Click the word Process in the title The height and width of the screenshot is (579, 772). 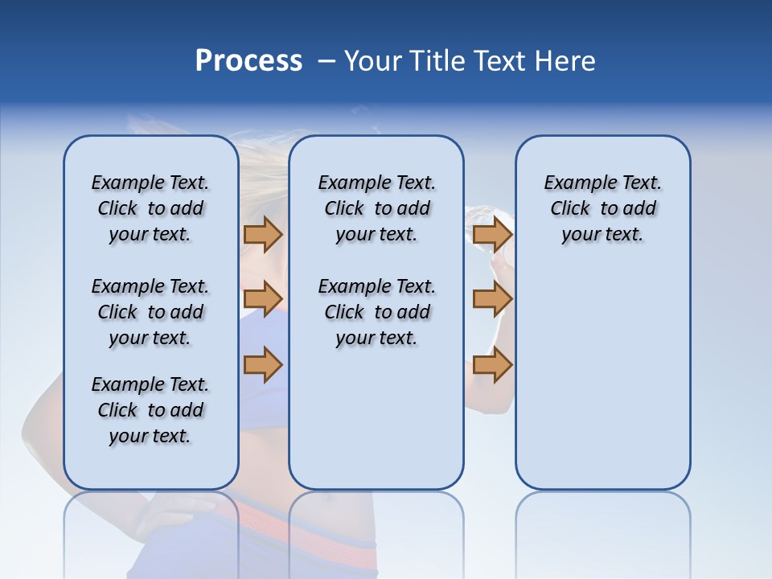[x=248, y=60]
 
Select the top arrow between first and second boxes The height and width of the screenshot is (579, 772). [x=263, y=234]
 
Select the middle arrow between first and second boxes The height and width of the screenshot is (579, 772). [x=263, y=299]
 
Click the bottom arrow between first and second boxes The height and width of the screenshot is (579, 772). [x=263, y=364]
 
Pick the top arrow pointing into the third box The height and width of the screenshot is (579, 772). [x=492, y=234]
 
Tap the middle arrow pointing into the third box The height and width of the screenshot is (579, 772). [x=492, y=299]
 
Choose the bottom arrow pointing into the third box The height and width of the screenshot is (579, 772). [x=492, y=364]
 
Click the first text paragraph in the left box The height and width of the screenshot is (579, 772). [x=150, y=208]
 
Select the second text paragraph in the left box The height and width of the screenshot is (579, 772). [x=150, y=312]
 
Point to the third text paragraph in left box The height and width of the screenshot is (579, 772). [x=150, y=410]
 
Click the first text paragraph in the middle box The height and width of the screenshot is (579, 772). [x=376, y=208]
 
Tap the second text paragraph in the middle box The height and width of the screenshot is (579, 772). [x=376, y=312]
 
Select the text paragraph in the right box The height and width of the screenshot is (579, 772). [x=603, y=208]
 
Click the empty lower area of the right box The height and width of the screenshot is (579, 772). [x=603, y=386]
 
